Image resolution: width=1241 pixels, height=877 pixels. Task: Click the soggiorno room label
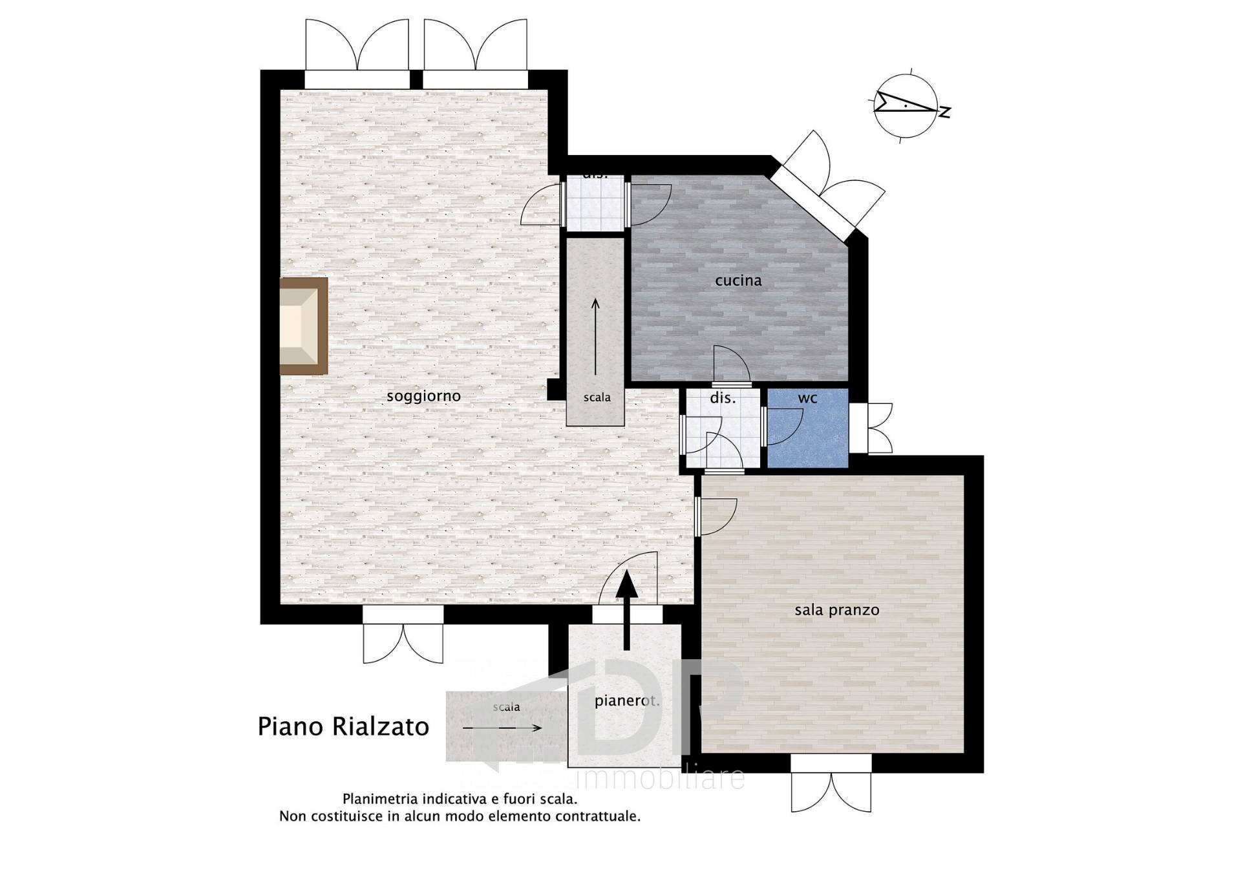point(423,396)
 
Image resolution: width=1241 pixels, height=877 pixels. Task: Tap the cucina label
point(738,280)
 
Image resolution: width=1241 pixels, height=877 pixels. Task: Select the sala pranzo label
point(836,610)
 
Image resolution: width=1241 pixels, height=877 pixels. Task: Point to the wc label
point(807,398)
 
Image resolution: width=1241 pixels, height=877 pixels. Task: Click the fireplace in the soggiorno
point(303,326)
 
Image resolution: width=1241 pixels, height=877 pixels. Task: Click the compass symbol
point(905,105)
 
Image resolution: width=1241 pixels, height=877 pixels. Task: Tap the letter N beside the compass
point(945,112)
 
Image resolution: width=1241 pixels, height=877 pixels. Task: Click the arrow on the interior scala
point(595,336)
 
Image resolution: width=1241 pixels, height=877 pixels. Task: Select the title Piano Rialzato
point(343,726)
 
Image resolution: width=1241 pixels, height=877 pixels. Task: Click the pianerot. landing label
point(626,701)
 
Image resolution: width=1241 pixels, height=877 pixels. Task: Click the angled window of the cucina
point(813,202)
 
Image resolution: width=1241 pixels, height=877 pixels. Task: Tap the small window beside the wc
point(858,428)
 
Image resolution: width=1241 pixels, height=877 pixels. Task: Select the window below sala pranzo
point(831,764)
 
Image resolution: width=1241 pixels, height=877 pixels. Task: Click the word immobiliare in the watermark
point(659,779)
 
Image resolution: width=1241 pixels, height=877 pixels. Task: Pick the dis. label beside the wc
point(723,398)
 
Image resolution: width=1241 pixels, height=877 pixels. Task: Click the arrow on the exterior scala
point(502,728)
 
